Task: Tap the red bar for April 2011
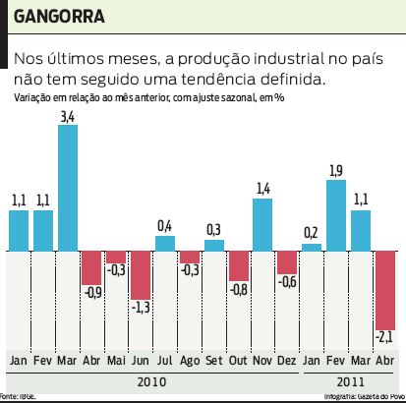[384, 290]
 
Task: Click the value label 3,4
[68, 117]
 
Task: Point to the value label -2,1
[384, 339]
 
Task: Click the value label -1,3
[141, 308]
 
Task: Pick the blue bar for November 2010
[262, 225]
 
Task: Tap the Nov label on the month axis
[262, 361]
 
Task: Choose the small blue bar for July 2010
[165, 244]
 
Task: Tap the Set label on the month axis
[213, 361]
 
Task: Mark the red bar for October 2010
[238, 266]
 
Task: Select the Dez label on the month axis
[287, 361]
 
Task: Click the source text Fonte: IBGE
[19, 396]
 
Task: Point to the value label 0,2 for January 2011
[312, 233]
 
